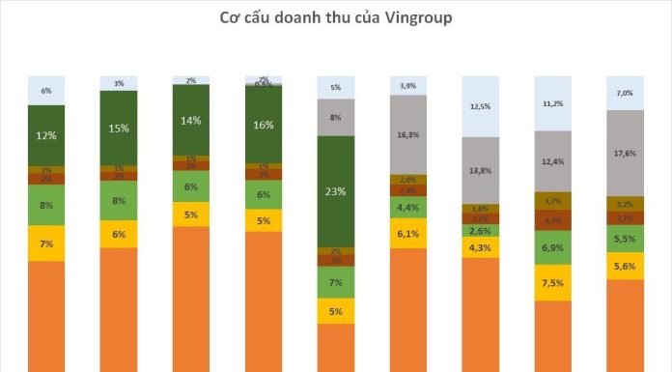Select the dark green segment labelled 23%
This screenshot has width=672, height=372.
335,191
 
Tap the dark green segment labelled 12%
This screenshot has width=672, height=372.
46,135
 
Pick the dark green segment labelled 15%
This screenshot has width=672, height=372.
119,128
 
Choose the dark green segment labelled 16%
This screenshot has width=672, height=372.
263,125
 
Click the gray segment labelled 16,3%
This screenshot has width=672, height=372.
407,135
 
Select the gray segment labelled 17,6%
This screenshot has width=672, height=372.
625,153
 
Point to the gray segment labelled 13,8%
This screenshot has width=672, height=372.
480,170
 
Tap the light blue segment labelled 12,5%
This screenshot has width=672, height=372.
480,105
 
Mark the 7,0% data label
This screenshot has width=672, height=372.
625,94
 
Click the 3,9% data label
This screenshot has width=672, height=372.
407,87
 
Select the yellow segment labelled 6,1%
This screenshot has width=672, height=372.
407,233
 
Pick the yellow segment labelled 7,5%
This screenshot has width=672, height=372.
552,283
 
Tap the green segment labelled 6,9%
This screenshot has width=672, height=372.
552,248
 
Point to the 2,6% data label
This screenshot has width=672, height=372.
480,231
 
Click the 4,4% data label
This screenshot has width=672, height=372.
407,207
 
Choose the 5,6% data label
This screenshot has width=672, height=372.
625,268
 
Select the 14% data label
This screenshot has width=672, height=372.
190,120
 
